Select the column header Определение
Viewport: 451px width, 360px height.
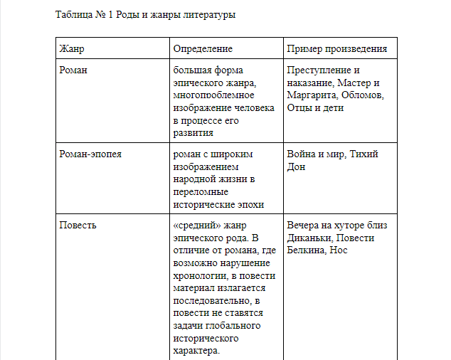pyautogui.click(x=203, y=49)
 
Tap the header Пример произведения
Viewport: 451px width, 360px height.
pyautogui.click(x=337, y=49)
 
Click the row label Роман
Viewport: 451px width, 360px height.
pyautogui.click(x=74, y=70)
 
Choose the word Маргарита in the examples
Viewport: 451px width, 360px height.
pyautogui.click(x=312, y=96)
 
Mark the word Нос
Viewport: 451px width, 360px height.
pyautogui.click(x=339, y=251)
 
